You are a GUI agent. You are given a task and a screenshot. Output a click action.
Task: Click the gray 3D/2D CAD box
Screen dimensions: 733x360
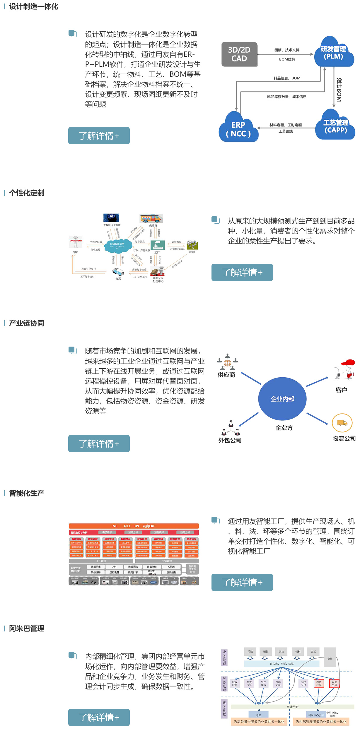coord(239,54)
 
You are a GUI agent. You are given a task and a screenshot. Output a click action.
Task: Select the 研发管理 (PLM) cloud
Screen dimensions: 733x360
coord(333,53)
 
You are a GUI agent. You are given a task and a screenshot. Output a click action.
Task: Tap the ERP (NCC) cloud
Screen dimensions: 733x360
coord(238,129)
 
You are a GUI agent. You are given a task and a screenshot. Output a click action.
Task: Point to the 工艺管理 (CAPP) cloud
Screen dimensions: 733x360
coord(335,126)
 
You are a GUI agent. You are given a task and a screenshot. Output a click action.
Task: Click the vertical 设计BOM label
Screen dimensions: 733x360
coord(339,90)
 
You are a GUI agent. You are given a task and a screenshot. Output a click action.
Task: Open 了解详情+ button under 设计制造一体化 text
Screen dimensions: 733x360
coord(99,136)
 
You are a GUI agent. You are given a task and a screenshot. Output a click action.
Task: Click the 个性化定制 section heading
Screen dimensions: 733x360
coord(27,193)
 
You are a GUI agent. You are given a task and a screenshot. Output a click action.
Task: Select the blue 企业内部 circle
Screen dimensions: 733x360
coord(282,399)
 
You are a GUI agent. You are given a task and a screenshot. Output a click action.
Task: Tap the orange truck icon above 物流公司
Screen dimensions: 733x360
coord(342,423)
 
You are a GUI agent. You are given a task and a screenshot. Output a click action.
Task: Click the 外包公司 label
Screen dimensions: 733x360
coord(230,440)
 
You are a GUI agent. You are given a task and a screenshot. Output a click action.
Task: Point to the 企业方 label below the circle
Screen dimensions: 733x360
coord(284,428)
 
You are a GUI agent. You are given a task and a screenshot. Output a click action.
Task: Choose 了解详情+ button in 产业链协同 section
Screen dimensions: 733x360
coord(99,443)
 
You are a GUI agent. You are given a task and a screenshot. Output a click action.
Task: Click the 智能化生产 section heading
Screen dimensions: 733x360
coord(27,493)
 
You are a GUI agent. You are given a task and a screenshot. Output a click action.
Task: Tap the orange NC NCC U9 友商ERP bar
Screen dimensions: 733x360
coord(134,526)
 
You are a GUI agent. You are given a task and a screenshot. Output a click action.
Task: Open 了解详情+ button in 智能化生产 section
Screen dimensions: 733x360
coord(242,582)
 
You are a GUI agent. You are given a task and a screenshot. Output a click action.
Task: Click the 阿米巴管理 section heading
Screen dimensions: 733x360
coord(27,628)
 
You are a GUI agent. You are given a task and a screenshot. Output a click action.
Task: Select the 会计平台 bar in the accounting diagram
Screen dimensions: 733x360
coord(292,707)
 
